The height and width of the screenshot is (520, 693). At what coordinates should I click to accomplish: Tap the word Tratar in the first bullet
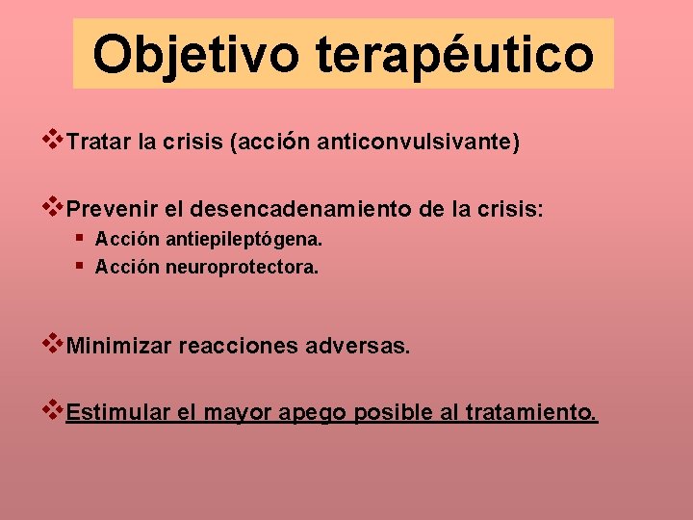[x=100, y=143]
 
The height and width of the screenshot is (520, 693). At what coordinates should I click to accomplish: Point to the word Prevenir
[x=109, y=209]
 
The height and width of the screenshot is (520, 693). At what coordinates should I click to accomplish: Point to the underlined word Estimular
[x=119, y=413]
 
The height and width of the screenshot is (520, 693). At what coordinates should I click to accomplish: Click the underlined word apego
[x=313, y=414]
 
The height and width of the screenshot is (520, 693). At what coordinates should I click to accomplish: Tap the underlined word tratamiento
[x=531, y=413]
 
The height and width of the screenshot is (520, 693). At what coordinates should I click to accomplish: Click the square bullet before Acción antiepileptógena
[x=79, y=237]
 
